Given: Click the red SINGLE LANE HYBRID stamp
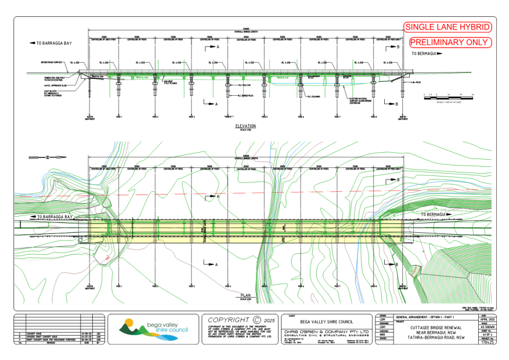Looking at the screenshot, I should point(447,27).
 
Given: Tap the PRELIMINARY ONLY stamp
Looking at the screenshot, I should point(450,42).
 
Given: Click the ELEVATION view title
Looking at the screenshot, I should point(246,125).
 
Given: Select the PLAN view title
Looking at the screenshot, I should point(246,296).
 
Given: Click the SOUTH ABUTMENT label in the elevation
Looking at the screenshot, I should point(89,117).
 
